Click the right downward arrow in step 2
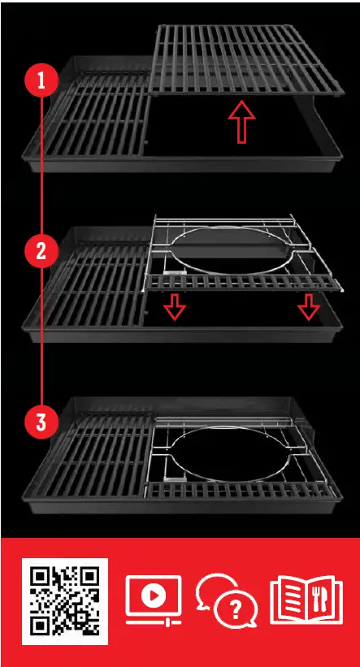[x=308, y=306]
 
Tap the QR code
[x=65, y=601]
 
